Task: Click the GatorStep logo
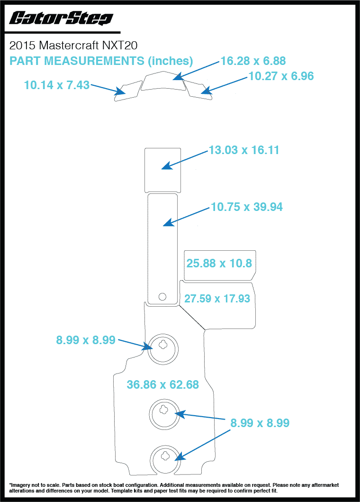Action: pos(61,18)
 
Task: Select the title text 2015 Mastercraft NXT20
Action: pos(73,46)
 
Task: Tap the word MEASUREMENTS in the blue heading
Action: pos(98,61)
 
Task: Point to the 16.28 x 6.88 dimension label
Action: pos(253,61)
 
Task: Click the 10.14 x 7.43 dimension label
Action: pos(56,85)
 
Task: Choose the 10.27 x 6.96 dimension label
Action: pos(281,76)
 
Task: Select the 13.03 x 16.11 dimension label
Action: pos(243,150)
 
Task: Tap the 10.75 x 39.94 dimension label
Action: pos(246,207)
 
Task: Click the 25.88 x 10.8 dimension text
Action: pos(219,264)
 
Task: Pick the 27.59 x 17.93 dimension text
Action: pos(217,299)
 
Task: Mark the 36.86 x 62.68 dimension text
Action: pos(162,384)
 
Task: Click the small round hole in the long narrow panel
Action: pos(162,297)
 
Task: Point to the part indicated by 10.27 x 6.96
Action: pos(199,90)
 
